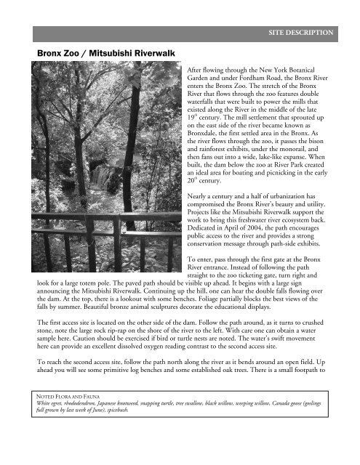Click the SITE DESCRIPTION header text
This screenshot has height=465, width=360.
pyautogui.click(x=300, y=33)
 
